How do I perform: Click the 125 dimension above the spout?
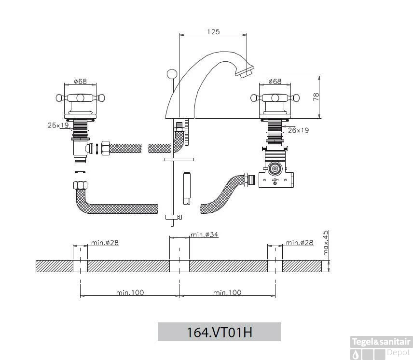(x=213, y=32)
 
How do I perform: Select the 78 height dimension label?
(x=316, y=97)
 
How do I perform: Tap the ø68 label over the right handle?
(x=275, y=81)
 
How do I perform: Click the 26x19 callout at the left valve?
(x=58, y=125)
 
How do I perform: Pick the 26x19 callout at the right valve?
(x=298, y=130)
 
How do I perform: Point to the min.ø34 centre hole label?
(x=205, y=235)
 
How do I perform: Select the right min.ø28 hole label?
(x=300, y=242)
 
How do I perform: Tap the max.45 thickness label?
(x=326, y=243)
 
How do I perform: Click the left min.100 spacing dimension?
(x=130, y=292)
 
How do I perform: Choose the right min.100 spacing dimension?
(x=227, y=292)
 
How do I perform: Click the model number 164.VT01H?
(x=219, y=332)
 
